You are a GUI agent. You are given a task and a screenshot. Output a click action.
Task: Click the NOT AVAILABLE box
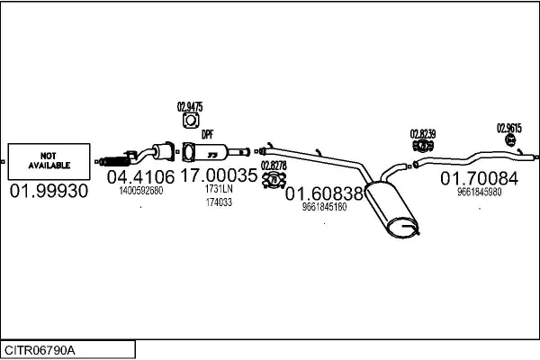point(49,162)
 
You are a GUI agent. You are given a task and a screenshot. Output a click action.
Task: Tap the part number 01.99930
point(49,191)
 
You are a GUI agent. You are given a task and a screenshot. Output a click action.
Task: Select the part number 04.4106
point(141,177)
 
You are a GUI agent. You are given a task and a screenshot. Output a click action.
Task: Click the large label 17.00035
point(219,175)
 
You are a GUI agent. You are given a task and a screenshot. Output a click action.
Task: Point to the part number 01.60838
point(324,193)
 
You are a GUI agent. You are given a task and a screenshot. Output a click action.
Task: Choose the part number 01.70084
point(479,178)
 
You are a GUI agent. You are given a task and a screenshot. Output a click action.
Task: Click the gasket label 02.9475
point(190,107)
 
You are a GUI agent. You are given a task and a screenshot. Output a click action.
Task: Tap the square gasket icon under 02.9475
point(191,121)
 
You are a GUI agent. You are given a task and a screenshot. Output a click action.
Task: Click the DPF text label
point(207,134)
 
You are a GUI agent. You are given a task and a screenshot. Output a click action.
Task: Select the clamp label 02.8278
point(274,166)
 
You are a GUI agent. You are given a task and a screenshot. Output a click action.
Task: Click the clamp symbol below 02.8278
point(274,180)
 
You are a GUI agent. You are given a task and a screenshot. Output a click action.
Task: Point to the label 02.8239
point(423,134)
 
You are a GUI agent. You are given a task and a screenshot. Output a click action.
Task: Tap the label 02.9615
point(509,128)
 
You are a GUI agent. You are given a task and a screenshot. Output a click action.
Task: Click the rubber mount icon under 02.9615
point(510,139)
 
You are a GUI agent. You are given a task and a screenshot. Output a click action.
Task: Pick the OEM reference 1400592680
point(141,191)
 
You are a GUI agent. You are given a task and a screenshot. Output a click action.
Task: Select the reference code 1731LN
point(219,189)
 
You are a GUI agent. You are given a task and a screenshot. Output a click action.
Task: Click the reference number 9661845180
point(324,207)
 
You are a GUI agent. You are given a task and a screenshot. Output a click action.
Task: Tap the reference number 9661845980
point(480,192)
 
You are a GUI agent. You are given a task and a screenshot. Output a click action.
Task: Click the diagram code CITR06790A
point(40,350)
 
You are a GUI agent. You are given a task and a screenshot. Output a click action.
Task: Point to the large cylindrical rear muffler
point(391,209)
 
